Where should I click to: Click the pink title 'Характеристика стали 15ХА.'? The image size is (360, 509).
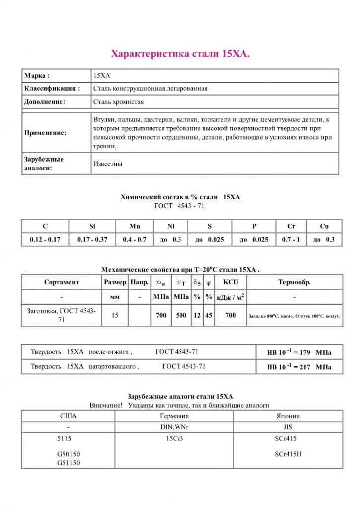(x=180, y=53)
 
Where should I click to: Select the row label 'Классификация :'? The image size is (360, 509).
(x=52, y=89)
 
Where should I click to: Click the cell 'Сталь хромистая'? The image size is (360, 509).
(x=119, y=102)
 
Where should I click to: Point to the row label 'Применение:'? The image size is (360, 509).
(x=45, y=133)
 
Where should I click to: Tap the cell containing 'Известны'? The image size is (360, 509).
(x=108, y=164)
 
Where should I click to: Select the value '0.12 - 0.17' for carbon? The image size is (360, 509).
(x=45, y=240)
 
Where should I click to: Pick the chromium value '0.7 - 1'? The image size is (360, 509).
(x=291, y=240)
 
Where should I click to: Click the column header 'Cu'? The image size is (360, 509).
(x=324, y=226)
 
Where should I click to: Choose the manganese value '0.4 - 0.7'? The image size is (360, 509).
(x=135, y=240)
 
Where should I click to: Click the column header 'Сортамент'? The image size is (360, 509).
(x=62, y=282)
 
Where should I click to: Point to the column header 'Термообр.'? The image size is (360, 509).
(x=294, y=282)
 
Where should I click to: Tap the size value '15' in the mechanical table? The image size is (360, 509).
(x=115, y=315)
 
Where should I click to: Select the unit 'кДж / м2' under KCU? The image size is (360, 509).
(x=230, y=297)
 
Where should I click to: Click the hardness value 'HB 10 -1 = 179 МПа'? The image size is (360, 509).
(x=299, y=353)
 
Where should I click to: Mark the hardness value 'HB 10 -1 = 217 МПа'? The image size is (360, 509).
(x=299, y=367)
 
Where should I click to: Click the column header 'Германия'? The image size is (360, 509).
(x=174, y=416)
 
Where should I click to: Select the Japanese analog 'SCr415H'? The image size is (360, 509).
(x=288, y=454)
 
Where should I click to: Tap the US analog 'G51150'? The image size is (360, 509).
(x=69, y=463)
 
